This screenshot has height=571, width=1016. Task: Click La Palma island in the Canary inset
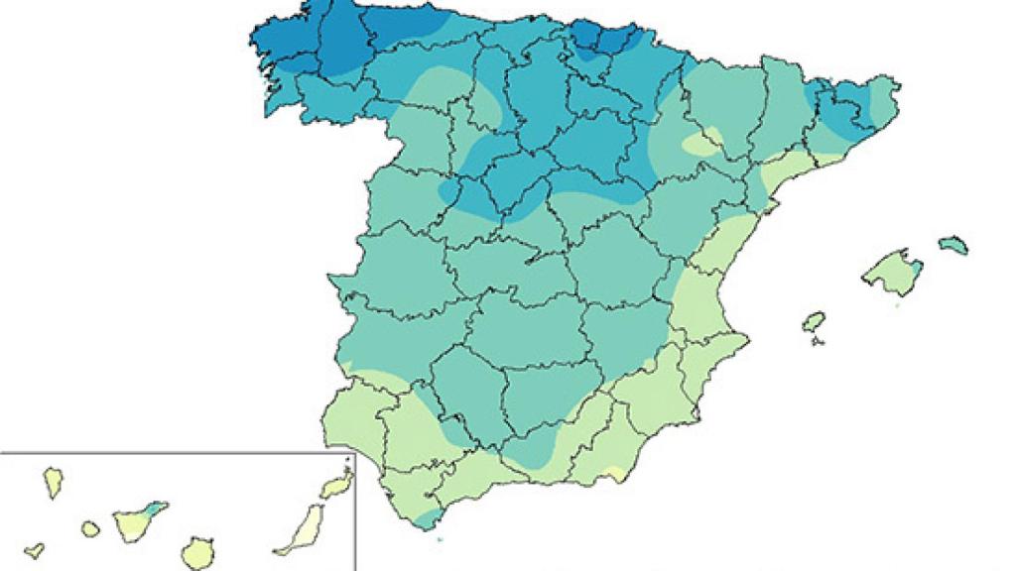pos(53,483)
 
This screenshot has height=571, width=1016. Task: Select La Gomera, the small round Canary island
pos(90,529)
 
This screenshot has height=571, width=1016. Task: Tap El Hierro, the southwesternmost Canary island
pos(35,548)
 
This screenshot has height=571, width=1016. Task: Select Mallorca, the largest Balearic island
pos(892,272)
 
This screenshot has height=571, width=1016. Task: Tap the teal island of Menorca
pos(953,243)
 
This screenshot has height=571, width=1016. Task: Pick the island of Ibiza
pos(814,322)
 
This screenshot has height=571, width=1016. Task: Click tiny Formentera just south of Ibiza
pos(817,342)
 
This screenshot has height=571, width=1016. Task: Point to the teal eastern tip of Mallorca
pos(915,266)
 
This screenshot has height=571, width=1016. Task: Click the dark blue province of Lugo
pos(342,45)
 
